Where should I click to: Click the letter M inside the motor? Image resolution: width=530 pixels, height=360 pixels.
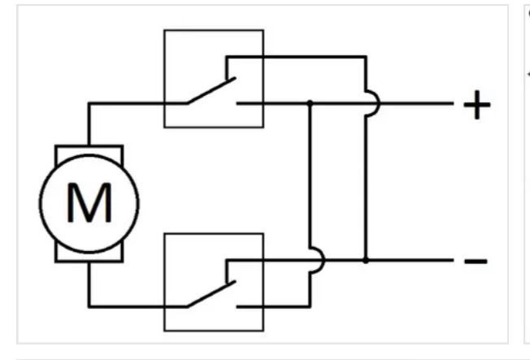click(89, 202)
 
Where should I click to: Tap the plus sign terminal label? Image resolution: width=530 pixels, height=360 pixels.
click(476, 104)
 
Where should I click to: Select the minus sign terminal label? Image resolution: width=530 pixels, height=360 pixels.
click(476, 261)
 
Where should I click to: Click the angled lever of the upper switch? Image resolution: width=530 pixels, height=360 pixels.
click(211, 91)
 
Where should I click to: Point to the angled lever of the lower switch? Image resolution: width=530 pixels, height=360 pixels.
click(211, 294)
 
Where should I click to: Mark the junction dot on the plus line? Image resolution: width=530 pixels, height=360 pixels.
click(310, 104)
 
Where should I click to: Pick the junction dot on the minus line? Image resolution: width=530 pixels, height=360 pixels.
click(366, 261)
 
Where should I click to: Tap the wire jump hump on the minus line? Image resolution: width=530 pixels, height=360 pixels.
click(315, 260)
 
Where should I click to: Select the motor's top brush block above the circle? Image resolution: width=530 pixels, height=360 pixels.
click(89, 150)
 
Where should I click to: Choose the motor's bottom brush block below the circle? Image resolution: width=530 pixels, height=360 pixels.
click(89, 255)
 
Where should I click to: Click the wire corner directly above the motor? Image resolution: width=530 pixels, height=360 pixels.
click(89, 104)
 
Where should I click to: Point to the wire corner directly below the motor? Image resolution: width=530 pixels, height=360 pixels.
click(89, 306)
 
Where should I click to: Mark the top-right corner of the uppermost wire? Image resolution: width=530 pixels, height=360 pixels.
click(366, 57)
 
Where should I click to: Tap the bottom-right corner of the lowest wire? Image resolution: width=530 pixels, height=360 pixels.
click(310, 306)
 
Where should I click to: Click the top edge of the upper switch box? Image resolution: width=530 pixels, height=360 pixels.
click(214, 31)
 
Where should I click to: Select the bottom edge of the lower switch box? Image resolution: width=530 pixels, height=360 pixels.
click(214, 331)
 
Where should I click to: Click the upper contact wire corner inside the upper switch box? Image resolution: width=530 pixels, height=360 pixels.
click(227, 57)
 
